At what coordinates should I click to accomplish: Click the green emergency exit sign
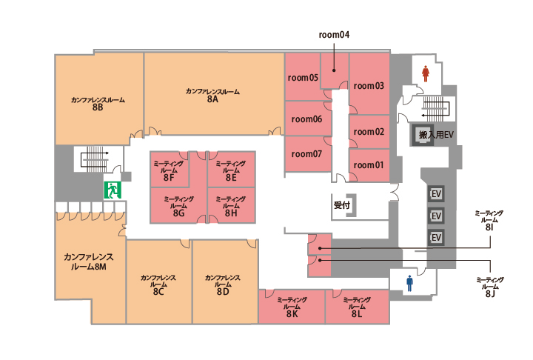coord(113,189)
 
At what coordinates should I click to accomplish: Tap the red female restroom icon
coord(425,73)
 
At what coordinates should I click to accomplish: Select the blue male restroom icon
coord(409,284)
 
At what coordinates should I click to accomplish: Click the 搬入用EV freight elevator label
coord(436,136)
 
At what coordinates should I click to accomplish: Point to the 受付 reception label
coord(341,203)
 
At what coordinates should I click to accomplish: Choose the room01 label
coord(369,164)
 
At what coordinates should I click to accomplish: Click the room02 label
coord(369,132)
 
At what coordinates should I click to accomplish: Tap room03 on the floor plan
coord(369,86)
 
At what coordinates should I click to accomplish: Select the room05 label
coord(303,77)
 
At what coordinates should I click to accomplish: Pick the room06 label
coord(306,119)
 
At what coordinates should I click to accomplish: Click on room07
coord(306,154)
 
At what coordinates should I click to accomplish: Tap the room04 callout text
coord(334,35)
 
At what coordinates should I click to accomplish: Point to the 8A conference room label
coord(212,96)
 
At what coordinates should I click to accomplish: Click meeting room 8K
coord(292,307)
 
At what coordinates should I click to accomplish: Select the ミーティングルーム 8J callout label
coord(489,287)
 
